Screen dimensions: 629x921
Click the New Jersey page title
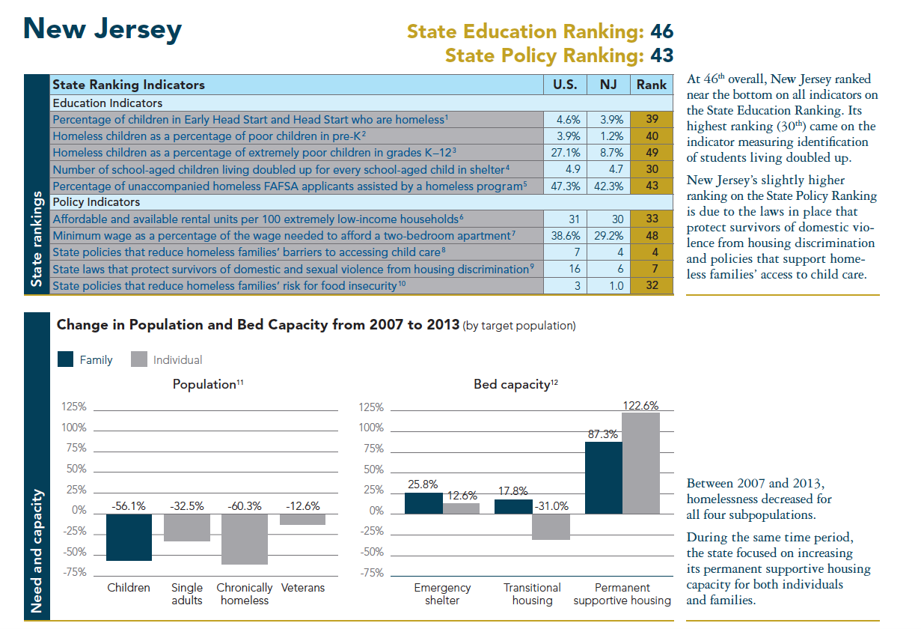tap(102, 29)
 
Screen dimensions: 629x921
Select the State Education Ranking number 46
tap(661, 31)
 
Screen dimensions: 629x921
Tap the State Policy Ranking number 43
tap(661, 55)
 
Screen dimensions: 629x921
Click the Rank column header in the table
tap(651, 85)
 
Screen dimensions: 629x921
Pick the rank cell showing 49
tap(651, 153)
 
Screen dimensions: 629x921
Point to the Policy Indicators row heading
tap(97, 202)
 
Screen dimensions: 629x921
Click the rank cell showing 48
tap(651, 235)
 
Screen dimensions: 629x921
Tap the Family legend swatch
tap(67, 359)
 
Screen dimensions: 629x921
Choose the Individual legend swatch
tap(138, 359)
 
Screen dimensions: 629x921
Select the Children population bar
tap(129, 537)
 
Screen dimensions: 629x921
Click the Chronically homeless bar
tap(245, 539)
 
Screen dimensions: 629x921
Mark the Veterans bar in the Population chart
tap(303, 519)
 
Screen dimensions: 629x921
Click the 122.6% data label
tap(640, 405)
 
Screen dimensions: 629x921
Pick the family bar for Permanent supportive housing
tap(604, 478)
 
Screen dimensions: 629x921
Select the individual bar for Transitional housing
tap(551, 526)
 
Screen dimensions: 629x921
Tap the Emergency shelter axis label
tap(442, 594)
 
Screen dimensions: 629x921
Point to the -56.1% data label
tap(128, 506)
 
